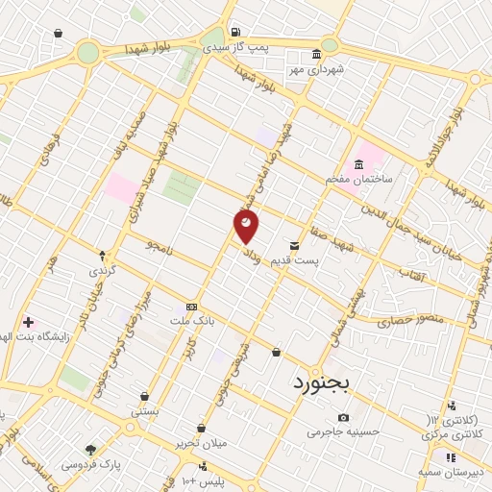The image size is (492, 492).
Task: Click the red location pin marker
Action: click(x=247, y=226)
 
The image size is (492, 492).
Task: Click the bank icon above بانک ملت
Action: click(x=191, y=304)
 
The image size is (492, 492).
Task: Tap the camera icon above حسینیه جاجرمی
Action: click(x=344, y=417)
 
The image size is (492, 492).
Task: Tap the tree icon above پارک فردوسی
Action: click(x=90, y=450)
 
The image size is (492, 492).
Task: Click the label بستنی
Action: click(x=145, y=410)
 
